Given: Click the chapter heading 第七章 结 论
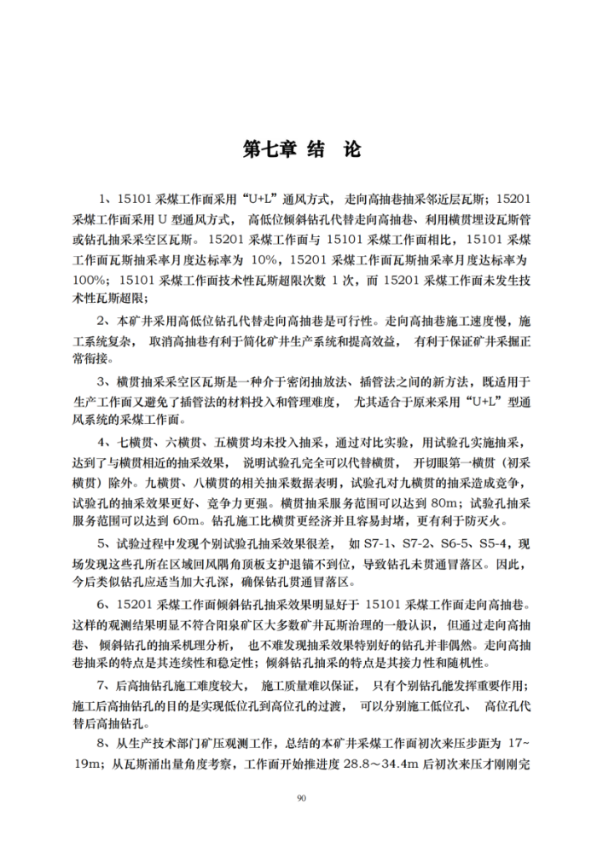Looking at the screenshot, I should pos(301,149).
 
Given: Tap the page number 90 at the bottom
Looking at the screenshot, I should pos(301,798).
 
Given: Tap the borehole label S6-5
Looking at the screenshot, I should pos(448,544).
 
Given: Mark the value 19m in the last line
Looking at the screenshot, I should pos(88,764).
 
